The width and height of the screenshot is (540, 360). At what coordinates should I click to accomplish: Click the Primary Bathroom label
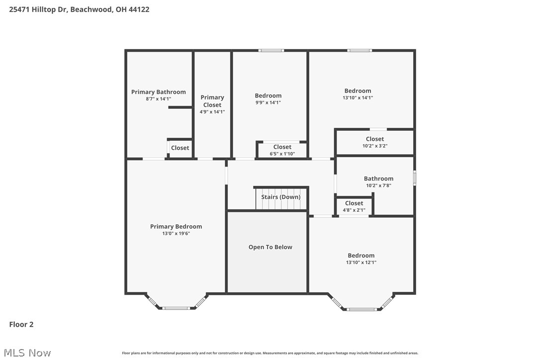point(158,92)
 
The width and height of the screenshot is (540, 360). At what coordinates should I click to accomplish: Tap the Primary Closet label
point(212,101)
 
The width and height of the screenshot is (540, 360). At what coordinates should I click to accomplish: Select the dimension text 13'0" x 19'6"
point(176,233)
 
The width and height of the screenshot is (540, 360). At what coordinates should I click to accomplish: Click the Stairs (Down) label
point(281,197)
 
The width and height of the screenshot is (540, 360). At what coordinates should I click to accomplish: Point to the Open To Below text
point(270,247)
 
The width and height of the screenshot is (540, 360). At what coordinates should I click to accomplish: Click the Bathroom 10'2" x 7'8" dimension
point(378,185)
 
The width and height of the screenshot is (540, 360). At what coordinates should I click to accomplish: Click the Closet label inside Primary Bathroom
point(180,148)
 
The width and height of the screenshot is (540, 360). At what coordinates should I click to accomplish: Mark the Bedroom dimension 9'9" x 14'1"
point(268,103)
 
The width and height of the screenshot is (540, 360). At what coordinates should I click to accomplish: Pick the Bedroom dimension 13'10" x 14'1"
point(358,98)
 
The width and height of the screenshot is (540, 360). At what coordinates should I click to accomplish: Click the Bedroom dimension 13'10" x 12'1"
point(361,263)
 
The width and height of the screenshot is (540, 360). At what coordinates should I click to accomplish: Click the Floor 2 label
point(21,325)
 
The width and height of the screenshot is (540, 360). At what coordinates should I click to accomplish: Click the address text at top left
point(79,9)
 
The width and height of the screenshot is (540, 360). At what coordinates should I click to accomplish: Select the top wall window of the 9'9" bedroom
point(271,50)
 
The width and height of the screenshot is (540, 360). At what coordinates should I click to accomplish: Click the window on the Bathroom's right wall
point(414,178)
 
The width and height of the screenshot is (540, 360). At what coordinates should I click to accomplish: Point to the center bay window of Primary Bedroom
point(176,308)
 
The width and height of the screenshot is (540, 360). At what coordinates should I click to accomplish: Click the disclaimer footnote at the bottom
point(270,353)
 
